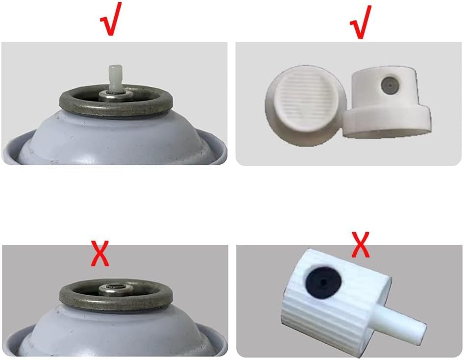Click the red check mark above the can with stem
pyautogui.click(x=110, y=20)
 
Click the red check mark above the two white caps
pyautogui.click(x=361, y=22)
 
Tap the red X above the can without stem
pyautogui.click(x=100, y=254)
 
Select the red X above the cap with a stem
pyautogui.click(x=361, y=244)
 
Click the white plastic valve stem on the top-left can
pyautogui.click(x=115, y=78)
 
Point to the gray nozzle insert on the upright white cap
pyautogui.click(x=390, y=86)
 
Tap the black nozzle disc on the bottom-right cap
pyautogui.click(x=323, y=282)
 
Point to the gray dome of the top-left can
pyautogui.click(x=116, y=138)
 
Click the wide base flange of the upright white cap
pyautogui.click(x=387, y=122)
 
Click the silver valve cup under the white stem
pyautogui.click(x=116, y=96)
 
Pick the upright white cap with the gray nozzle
pyautogui.click(x=387, y=102)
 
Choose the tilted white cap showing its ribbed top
pyautogui.click(x=305, y=106)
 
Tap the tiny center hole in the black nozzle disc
pyautogui.click(x=323, y=281)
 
